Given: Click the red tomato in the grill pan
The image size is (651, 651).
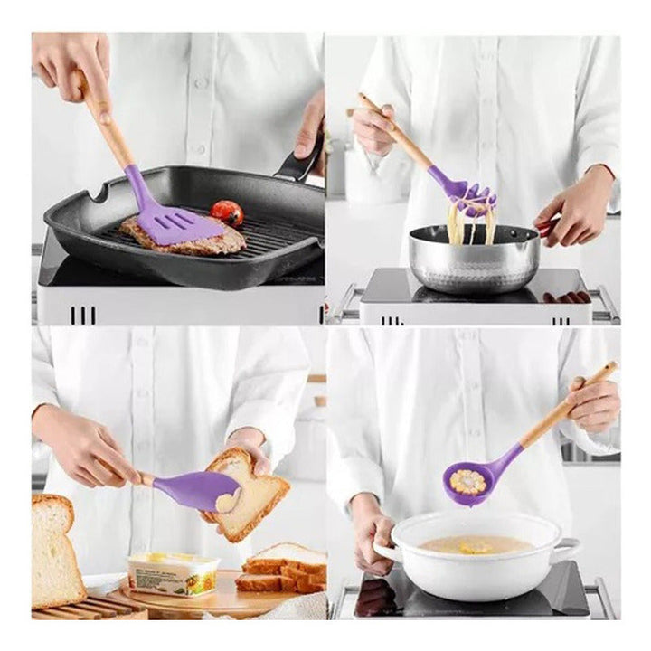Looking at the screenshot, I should pos(227,212).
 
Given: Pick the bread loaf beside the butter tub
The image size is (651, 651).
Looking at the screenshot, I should pos(55,551).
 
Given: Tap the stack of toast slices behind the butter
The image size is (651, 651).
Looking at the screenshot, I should pos(284,570).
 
